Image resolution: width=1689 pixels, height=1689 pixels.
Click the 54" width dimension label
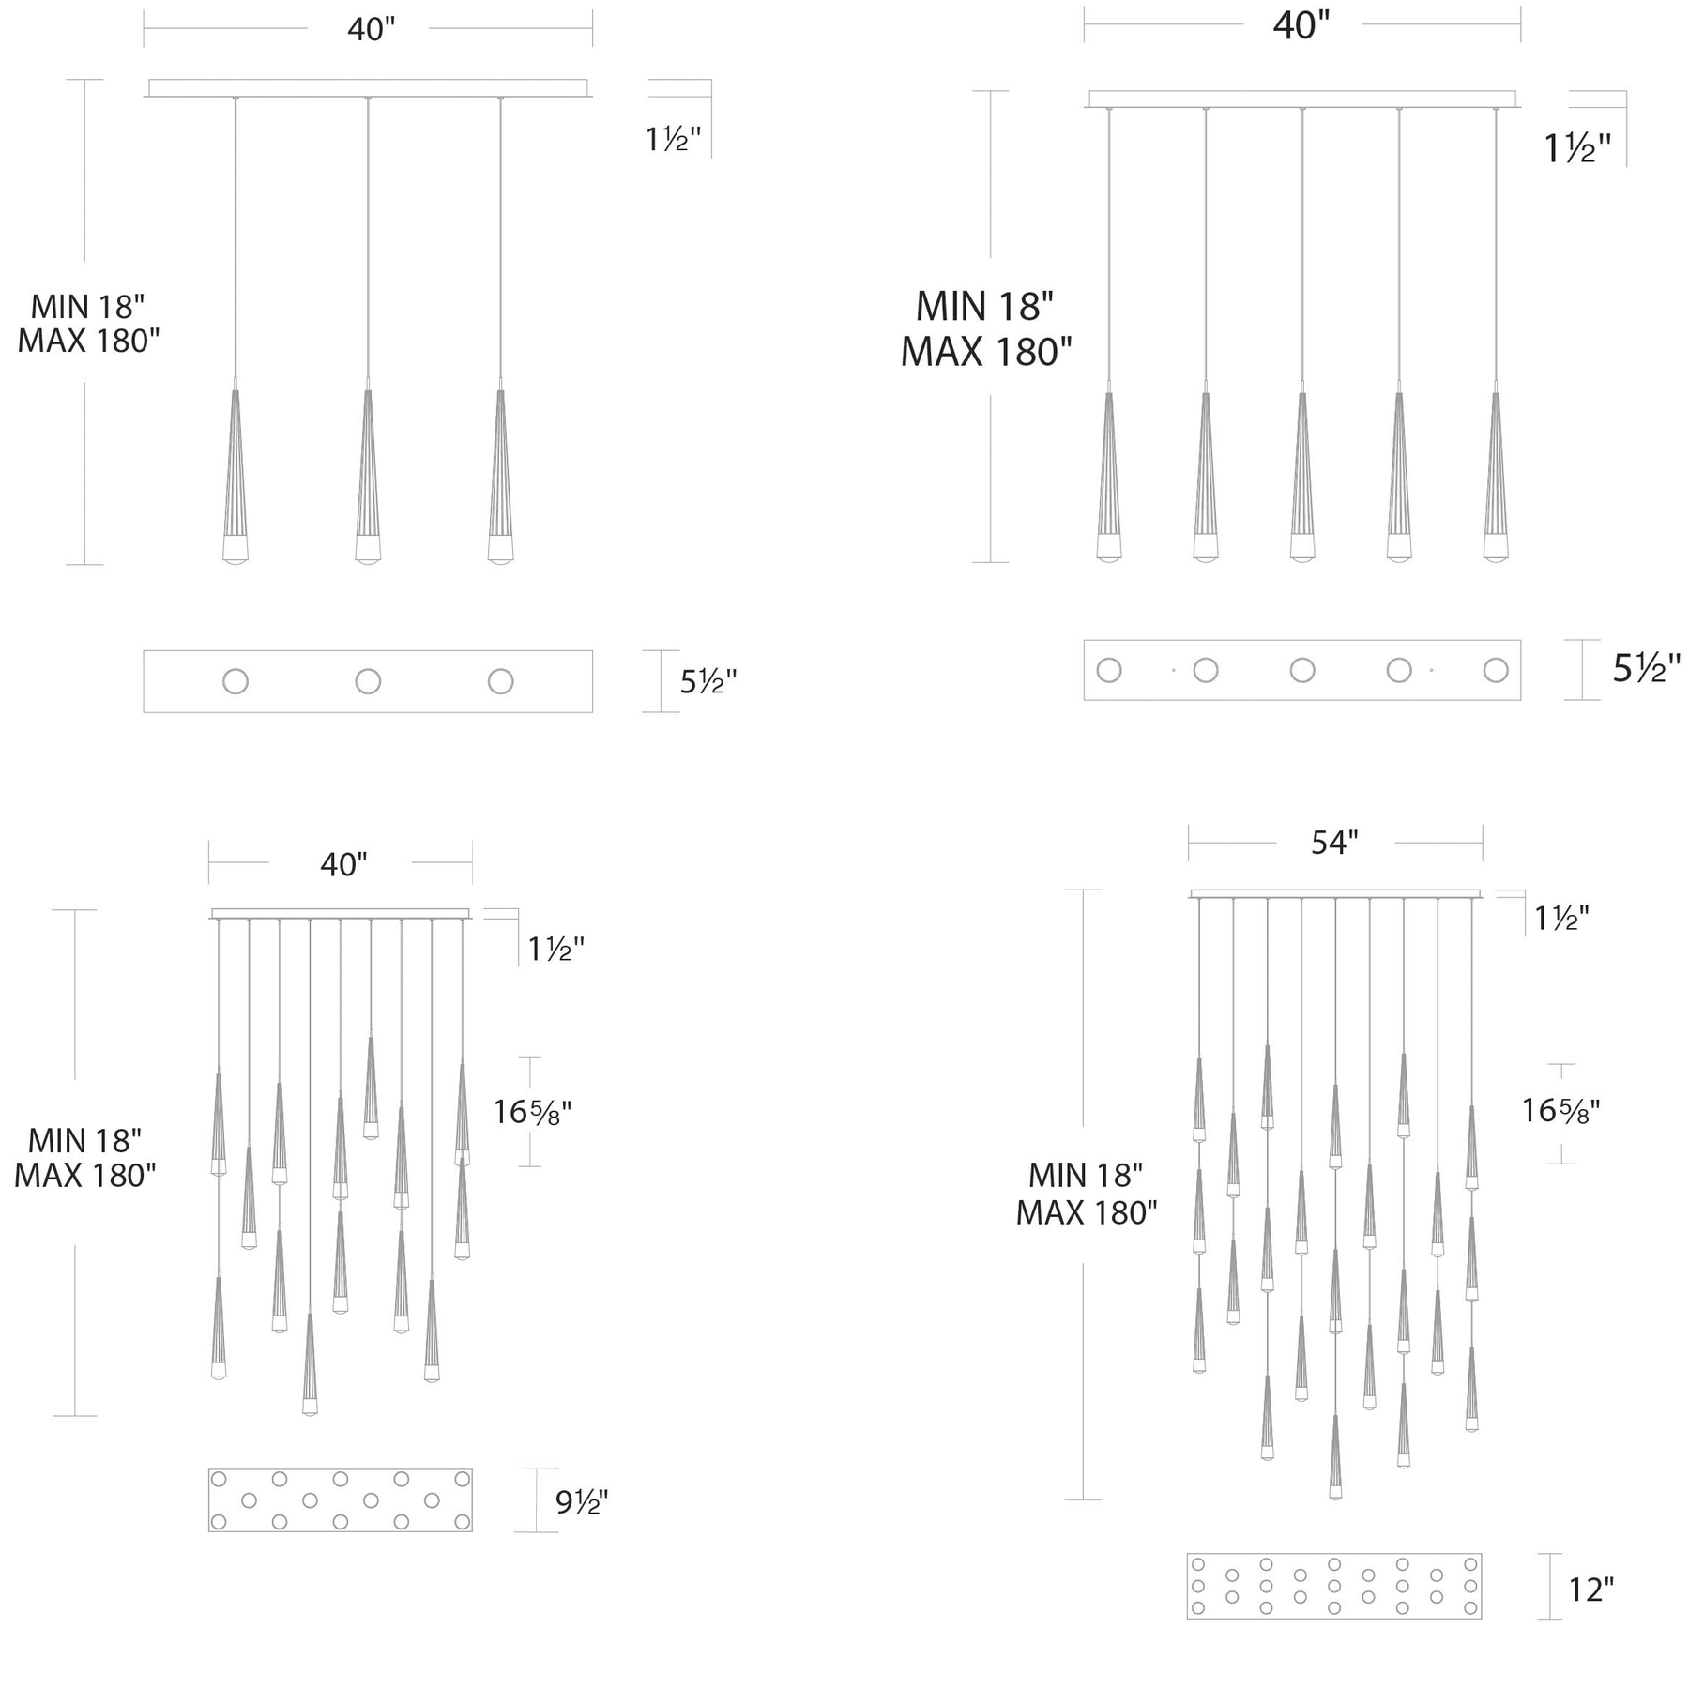pos(1334,843)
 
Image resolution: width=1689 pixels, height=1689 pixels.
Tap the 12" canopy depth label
pos(1591,1590)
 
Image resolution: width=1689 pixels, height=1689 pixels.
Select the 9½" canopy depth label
pos(582,1502)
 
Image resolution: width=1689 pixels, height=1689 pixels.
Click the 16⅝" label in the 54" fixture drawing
pos(1560,1111)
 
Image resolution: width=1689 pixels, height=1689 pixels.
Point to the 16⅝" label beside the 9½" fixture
pos(533,1112)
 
